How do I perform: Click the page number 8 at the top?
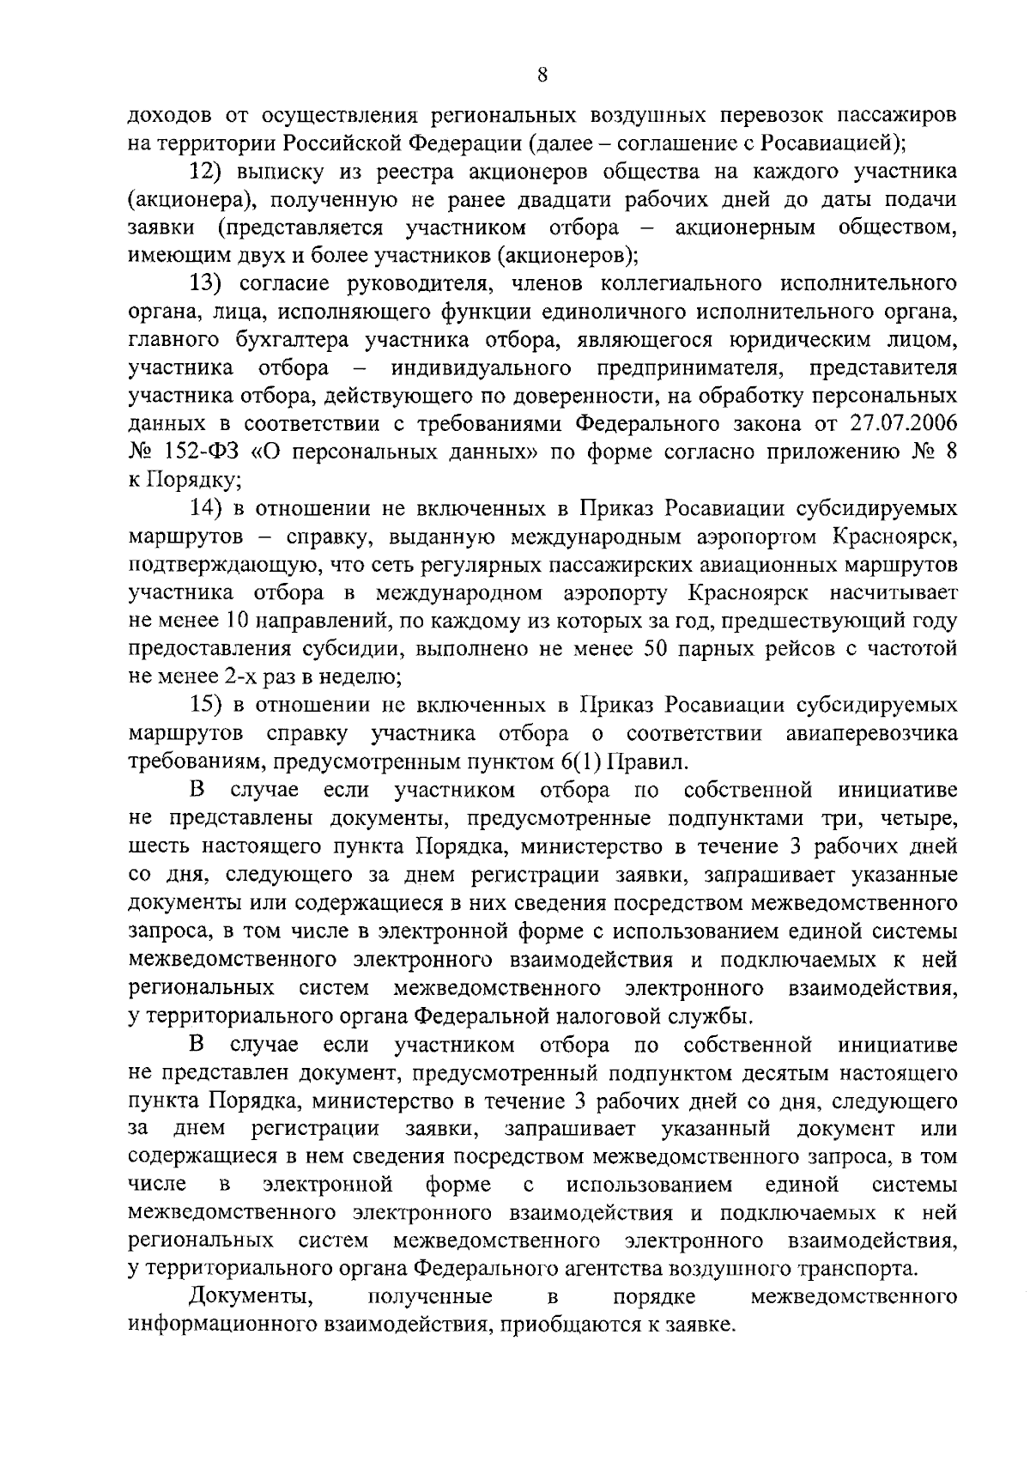pyautogui.click(x=542, y=74)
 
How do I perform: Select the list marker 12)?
pyautogui.click(x=206, y=172)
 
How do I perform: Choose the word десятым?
pyautogui.click(x=759, y=1074)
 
